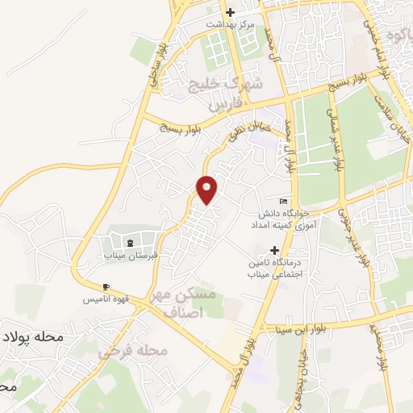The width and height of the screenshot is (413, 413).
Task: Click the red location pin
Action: pos(207,190)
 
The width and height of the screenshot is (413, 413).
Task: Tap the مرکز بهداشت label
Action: pos(230,24)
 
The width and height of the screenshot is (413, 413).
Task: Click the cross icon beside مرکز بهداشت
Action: pos(230,12)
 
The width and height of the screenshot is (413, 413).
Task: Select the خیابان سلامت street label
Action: pos(394,121)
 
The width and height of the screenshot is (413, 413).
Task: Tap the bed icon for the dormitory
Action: pos(282,201)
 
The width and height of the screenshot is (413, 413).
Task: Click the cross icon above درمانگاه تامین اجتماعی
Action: pos(276,251)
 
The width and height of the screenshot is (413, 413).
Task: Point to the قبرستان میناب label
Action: pos(128,255)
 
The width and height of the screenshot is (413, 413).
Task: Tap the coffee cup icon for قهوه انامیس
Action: pos(106,287)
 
